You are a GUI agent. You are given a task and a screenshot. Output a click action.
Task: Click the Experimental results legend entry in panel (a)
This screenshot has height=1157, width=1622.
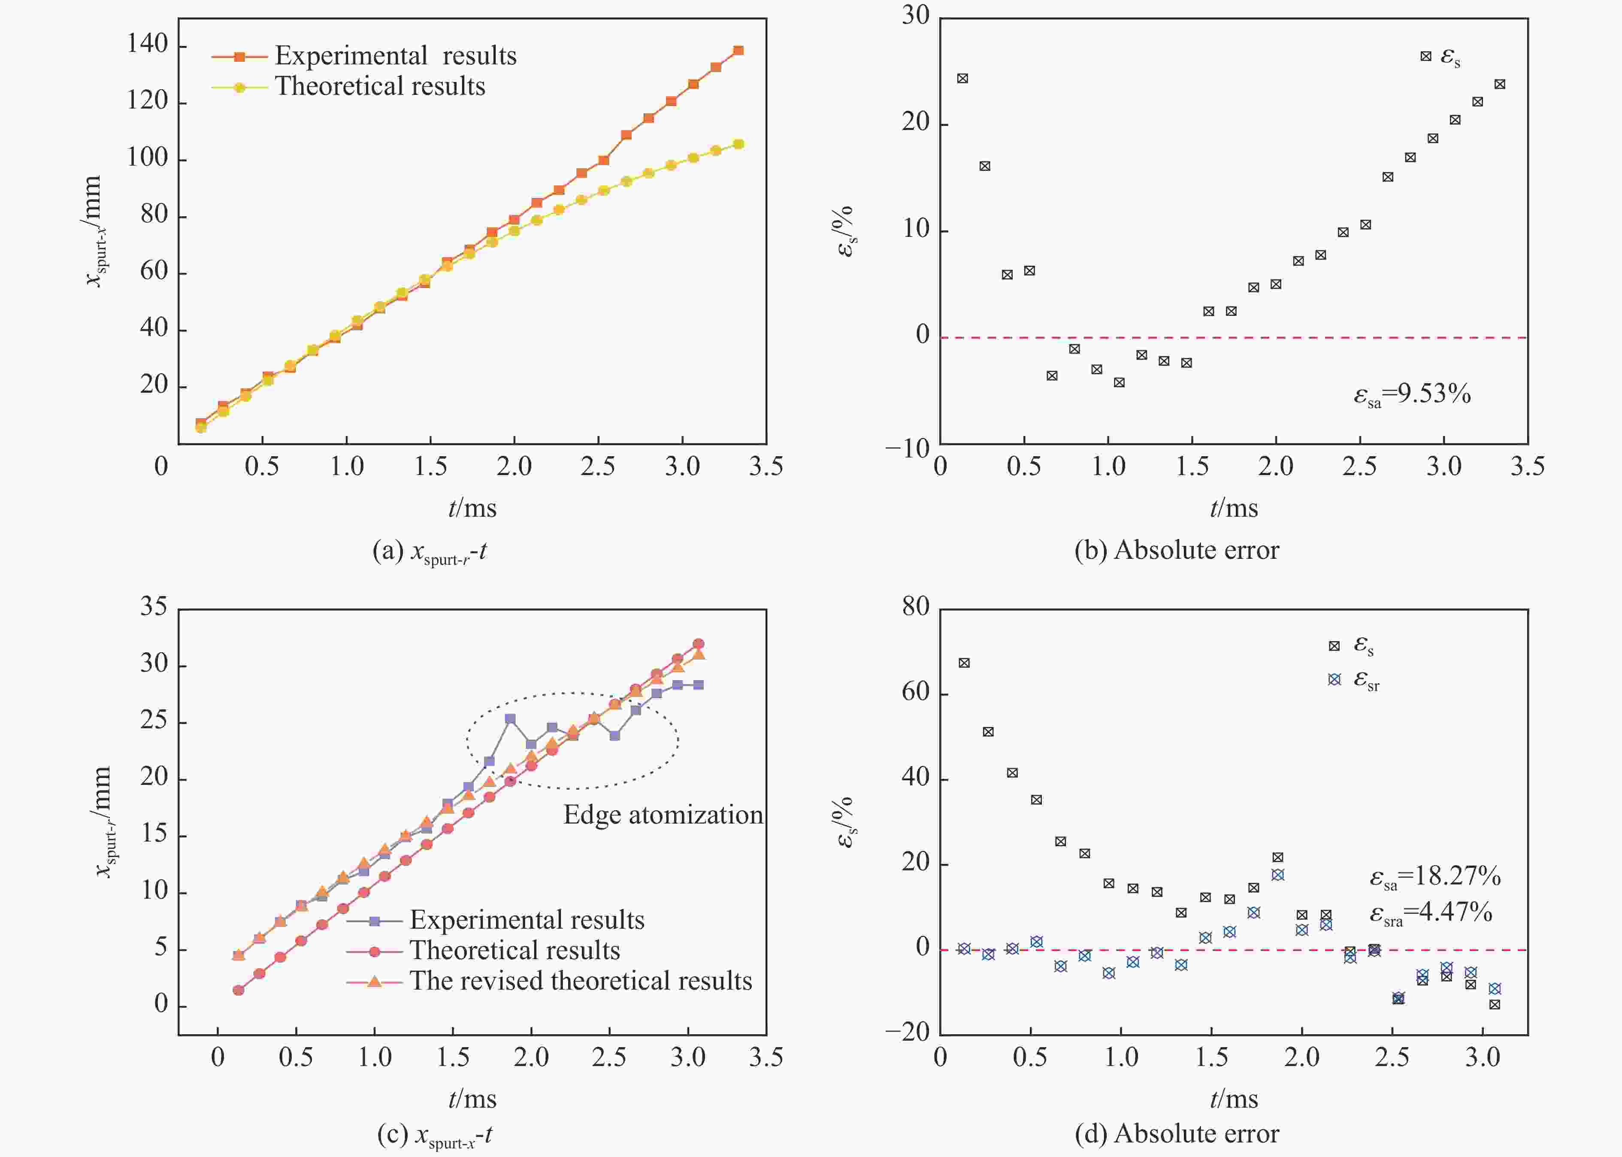point(395,55)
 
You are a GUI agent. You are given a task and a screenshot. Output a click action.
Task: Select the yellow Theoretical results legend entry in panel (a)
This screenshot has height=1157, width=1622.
point(380,86)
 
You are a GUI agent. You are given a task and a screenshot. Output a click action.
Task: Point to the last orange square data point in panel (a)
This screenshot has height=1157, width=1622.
point(738,51)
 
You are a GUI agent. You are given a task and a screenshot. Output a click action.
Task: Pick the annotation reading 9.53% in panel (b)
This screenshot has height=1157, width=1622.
point(1412,394)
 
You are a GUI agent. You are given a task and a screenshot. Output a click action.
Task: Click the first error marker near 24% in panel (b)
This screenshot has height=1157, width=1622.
point(962,79)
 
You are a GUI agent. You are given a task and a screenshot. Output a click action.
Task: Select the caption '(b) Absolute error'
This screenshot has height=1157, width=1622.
point(1176,550)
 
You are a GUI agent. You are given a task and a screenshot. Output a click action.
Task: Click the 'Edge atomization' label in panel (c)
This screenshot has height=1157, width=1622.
point(663,814)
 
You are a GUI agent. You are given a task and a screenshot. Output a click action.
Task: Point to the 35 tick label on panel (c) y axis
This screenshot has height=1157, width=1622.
point(153,606)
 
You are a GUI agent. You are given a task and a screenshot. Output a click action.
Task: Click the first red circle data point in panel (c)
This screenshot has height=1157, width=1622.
point(239,990)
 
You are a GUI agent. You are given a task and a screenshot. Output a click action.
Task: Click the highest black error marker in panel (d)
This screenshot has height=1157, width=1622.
point(964,663)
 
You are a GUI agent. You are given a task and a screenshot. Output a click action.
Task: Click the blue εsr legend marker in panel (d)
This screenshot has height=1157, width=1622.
point(1334,680)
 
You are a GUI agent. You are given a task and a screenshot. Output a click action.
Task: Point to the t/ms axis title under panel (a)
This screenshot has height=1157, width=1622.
point(472,508)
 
